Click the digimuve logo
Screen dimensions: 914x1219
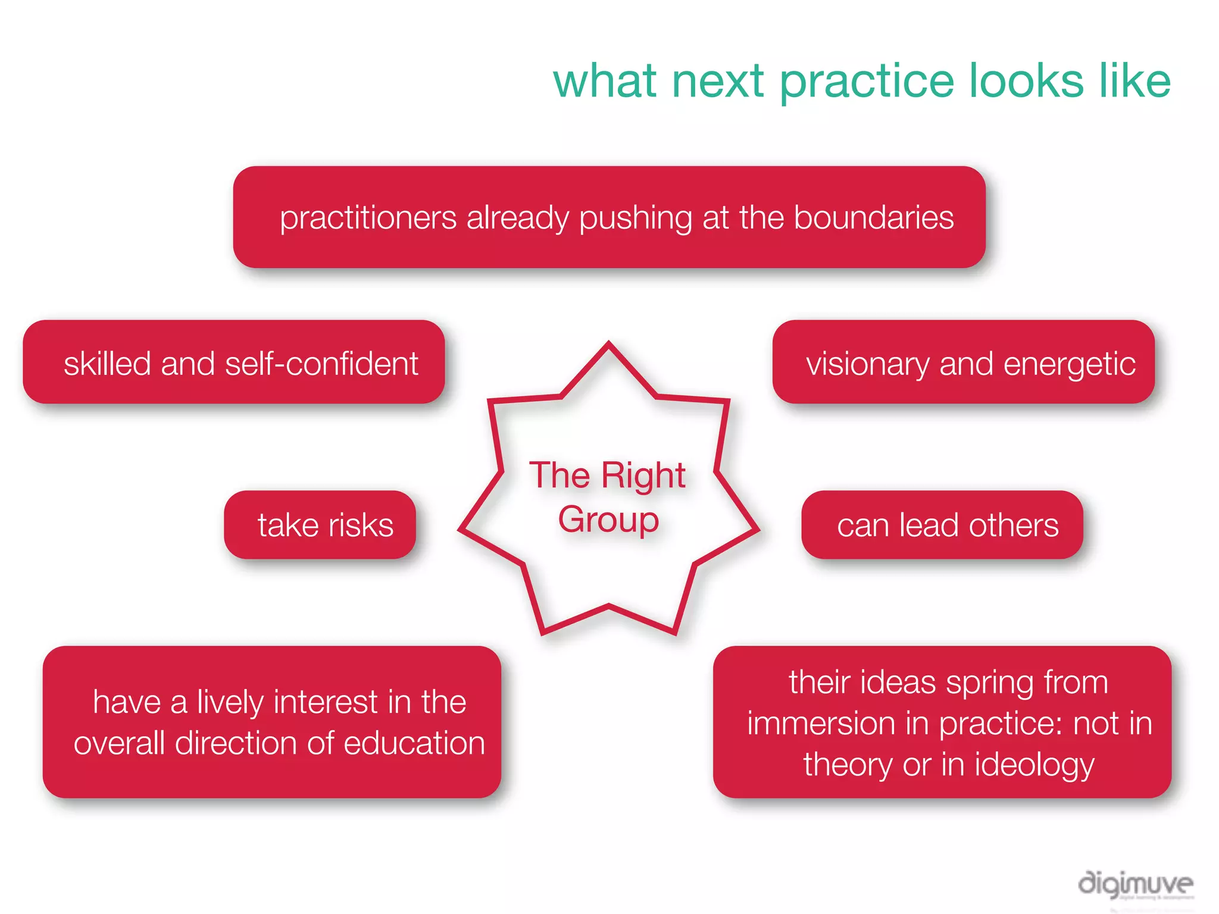(x=1135, y=884)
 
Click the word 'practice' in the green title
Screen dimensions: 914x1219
(x=867, y=82)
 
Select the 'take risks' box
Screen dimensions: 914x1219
(x=320, y=525)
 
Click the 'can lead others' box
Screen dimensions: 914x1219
(x=942, y=525)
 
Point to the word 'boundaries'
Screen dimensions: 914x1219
(x=873, y=217)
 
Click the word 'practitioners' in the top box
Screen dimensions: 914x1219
(x=368, y=218)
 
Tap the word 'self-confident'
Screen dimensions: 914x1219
(x=321, y=364)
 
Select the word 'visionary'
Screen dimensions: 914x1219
(x=867, y=365)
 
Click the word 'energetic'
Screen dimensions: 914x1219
(x=1069, y=365)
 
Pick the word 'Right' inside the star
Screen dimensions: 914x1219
(x=643, y=476)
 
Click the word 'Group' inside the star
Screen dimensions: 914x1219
(x=608, y=520)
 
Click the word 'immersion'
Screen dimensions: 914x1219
(x=820, y=724)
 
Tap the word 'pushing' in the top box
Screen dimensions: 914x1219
(x=636, y=218)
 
